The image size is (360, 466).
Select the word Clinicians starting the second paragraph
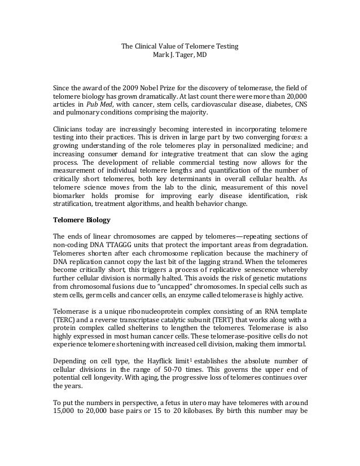click(68, 129)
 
